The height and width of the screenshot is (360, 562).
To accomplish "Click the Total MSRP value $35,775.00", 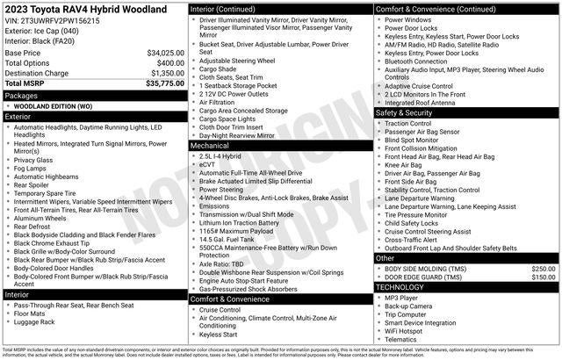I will coord(160,83).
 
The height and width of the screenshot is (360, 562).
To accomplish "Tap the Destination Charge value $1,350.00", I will coord(162,73).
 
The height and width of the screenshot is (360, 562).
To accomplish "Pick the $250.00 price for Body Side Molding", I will coord(543,268).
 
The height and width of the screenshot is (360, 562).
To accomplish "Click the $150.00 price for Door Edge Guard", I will coord(543,277).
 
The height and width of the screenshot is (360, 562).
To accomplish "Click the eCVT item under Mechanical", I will coord(209,164).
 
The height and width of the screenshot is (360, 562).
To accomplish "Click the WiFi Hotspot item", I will coord(408,330).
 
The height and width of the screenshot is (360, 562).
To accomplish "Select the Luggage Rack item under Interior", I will coord(36,322).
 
